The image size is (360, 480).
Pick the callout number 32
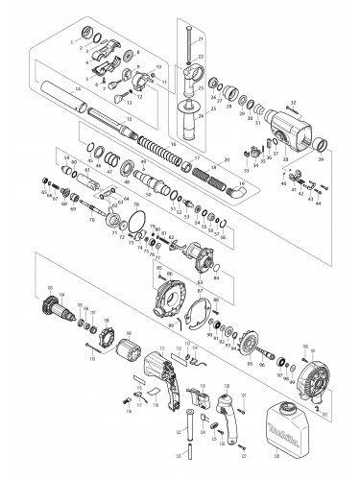tap(293, 104)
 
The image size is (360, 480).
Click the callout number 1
tap(72, 43)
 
